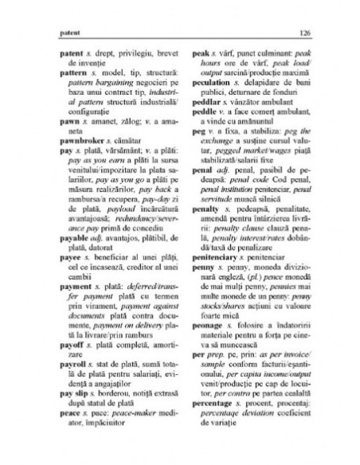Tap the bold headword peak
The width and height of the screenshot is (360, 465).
pyautogui.click(x=200, y=48)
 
